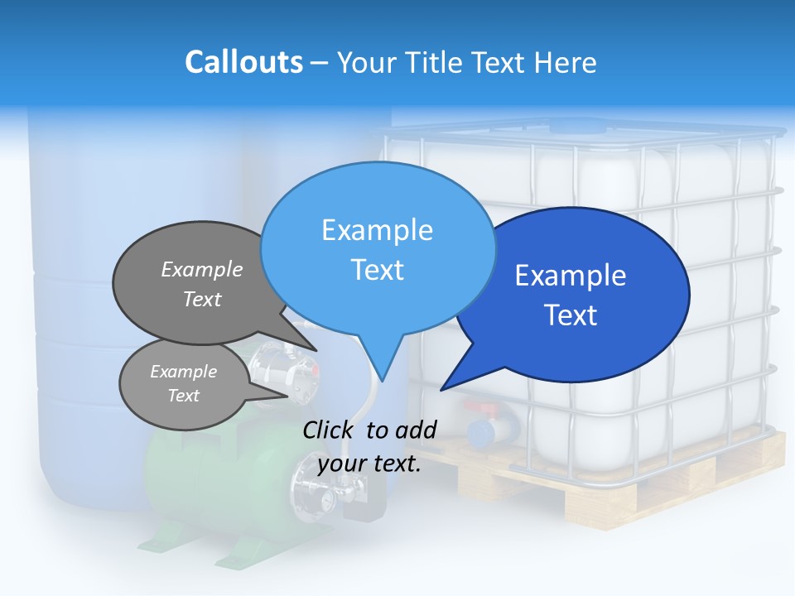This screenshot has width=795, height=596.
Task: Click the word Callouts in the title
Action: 243,62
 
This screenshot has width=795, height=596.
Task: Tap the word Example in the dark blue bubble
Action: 571,276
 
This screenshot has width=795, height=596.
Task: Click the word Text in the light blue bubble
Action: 378,270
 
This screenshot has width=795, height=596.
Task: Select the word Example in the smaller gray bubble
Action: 183,372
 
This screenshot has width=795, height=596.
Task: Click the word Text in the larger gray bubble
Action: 202,299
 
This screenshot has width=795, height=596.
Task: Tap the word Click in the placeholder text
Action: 330,430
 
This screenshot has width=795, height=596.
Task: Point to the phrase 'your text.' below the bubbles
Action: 369,464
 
